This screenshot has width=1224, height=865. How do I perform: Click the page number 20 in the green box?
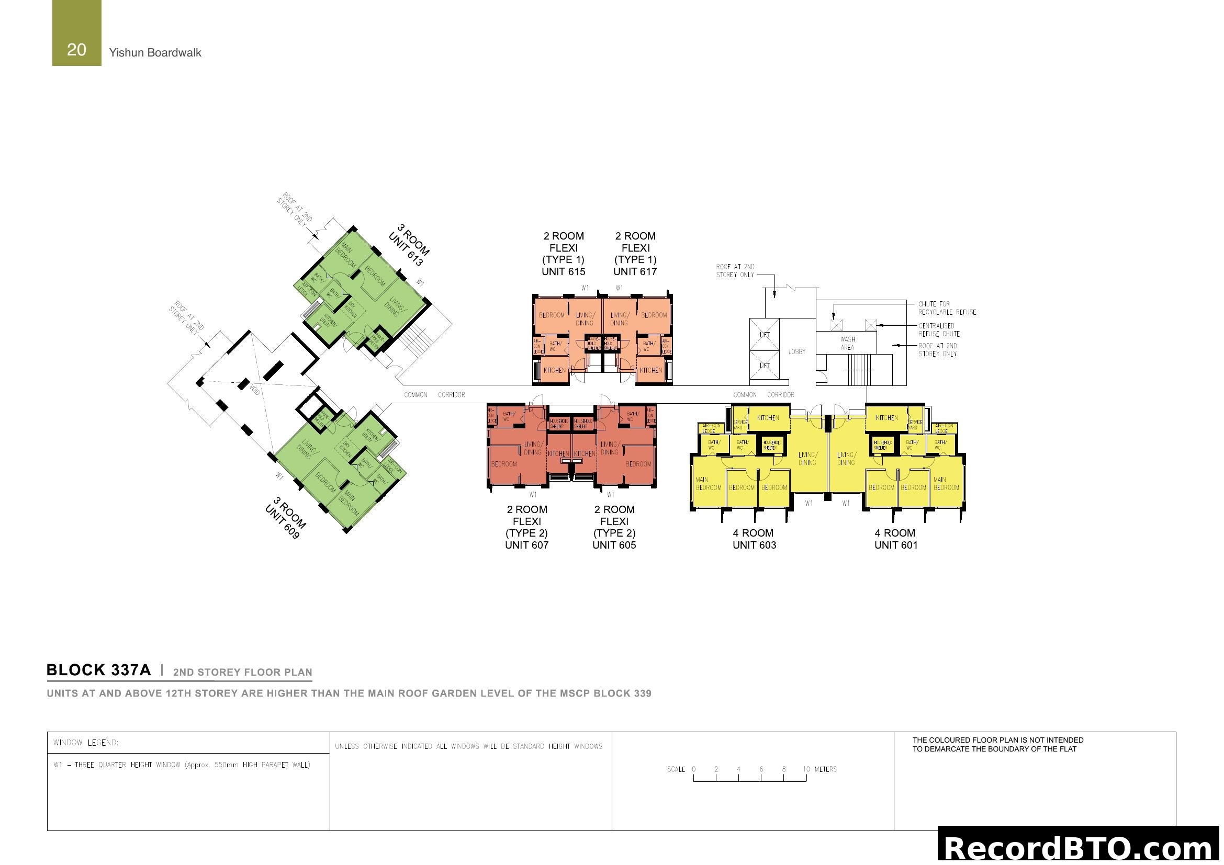point(76,50)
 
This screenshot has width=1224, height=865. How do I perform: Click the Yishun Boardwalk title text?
point(154,53)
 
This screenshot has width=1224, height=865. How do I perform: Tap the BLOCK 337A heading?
point(98,670)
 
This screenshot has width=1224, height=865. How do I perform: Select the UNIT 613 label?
point(406,249)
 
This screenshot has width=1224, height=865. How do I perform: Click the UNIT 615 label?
point(563,271)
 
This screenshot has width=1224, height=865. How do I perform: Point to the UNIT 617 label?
point(635,271)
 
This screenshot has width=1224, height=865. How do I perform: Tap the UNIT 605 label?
point(614,545)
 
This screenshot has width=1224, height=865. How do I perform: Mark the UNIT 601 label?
point(895,545)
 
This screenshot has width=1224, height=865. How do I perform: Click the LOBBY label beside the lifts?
point(796,351)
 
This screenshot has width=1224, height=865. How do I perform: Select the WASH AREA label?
point(847,343)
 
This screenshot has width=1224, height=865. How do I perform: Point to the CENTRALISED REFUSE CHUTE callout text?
point(939,329)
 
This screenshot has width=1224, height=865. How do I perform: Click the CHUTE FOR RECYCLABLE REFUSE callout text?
point(947,308)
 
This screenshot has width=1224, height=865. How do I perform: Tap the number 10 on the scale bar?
point(806,769)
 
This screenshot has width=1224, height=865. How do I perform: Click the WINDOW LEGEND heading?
point(86,743)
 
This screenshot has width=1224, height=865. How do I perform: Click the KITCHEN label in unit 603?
point(768,418)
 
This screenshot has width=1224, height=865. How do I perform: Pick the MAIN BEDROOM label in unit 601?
point(946,484)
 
